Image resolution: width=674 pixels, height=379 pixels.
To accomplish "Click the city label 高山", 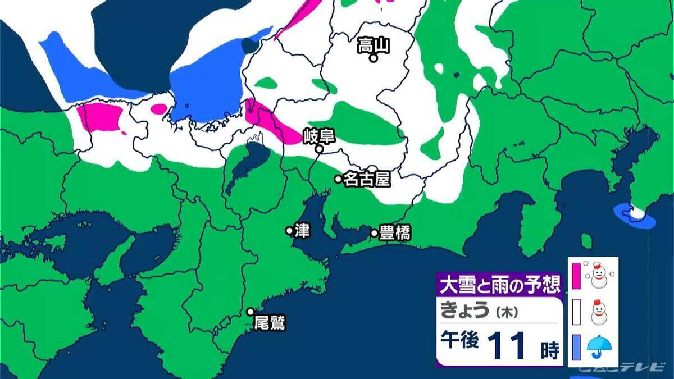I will tap(373, 45).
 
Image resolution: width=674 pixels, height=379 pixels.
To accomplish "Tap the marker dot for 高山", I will tap(373, 57).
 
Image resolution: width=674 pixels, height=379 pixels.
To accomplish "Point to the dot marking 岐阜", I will tap(318, 149).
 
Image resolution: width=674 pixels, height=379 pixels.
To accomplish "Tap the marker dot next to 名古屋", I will tap(338, 179).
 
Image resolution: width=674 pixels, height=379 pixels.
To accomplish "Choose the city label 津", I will tap(302, 230).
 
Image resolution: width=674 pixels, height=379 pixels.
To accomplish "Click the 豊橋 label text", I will tap(395, 234).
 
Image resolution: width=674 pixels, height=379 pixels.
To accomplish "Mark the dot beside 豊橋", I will tap(374, 232).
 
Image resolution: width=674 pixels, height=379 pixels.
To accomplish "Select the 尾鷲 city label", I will tap(270, 323).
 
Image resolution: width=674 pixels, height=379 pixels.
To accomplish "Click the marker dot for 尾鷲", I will tap(251, 312).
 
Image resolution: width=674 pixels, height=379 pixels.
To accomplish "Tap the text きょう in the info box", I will tap(466, 310).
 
